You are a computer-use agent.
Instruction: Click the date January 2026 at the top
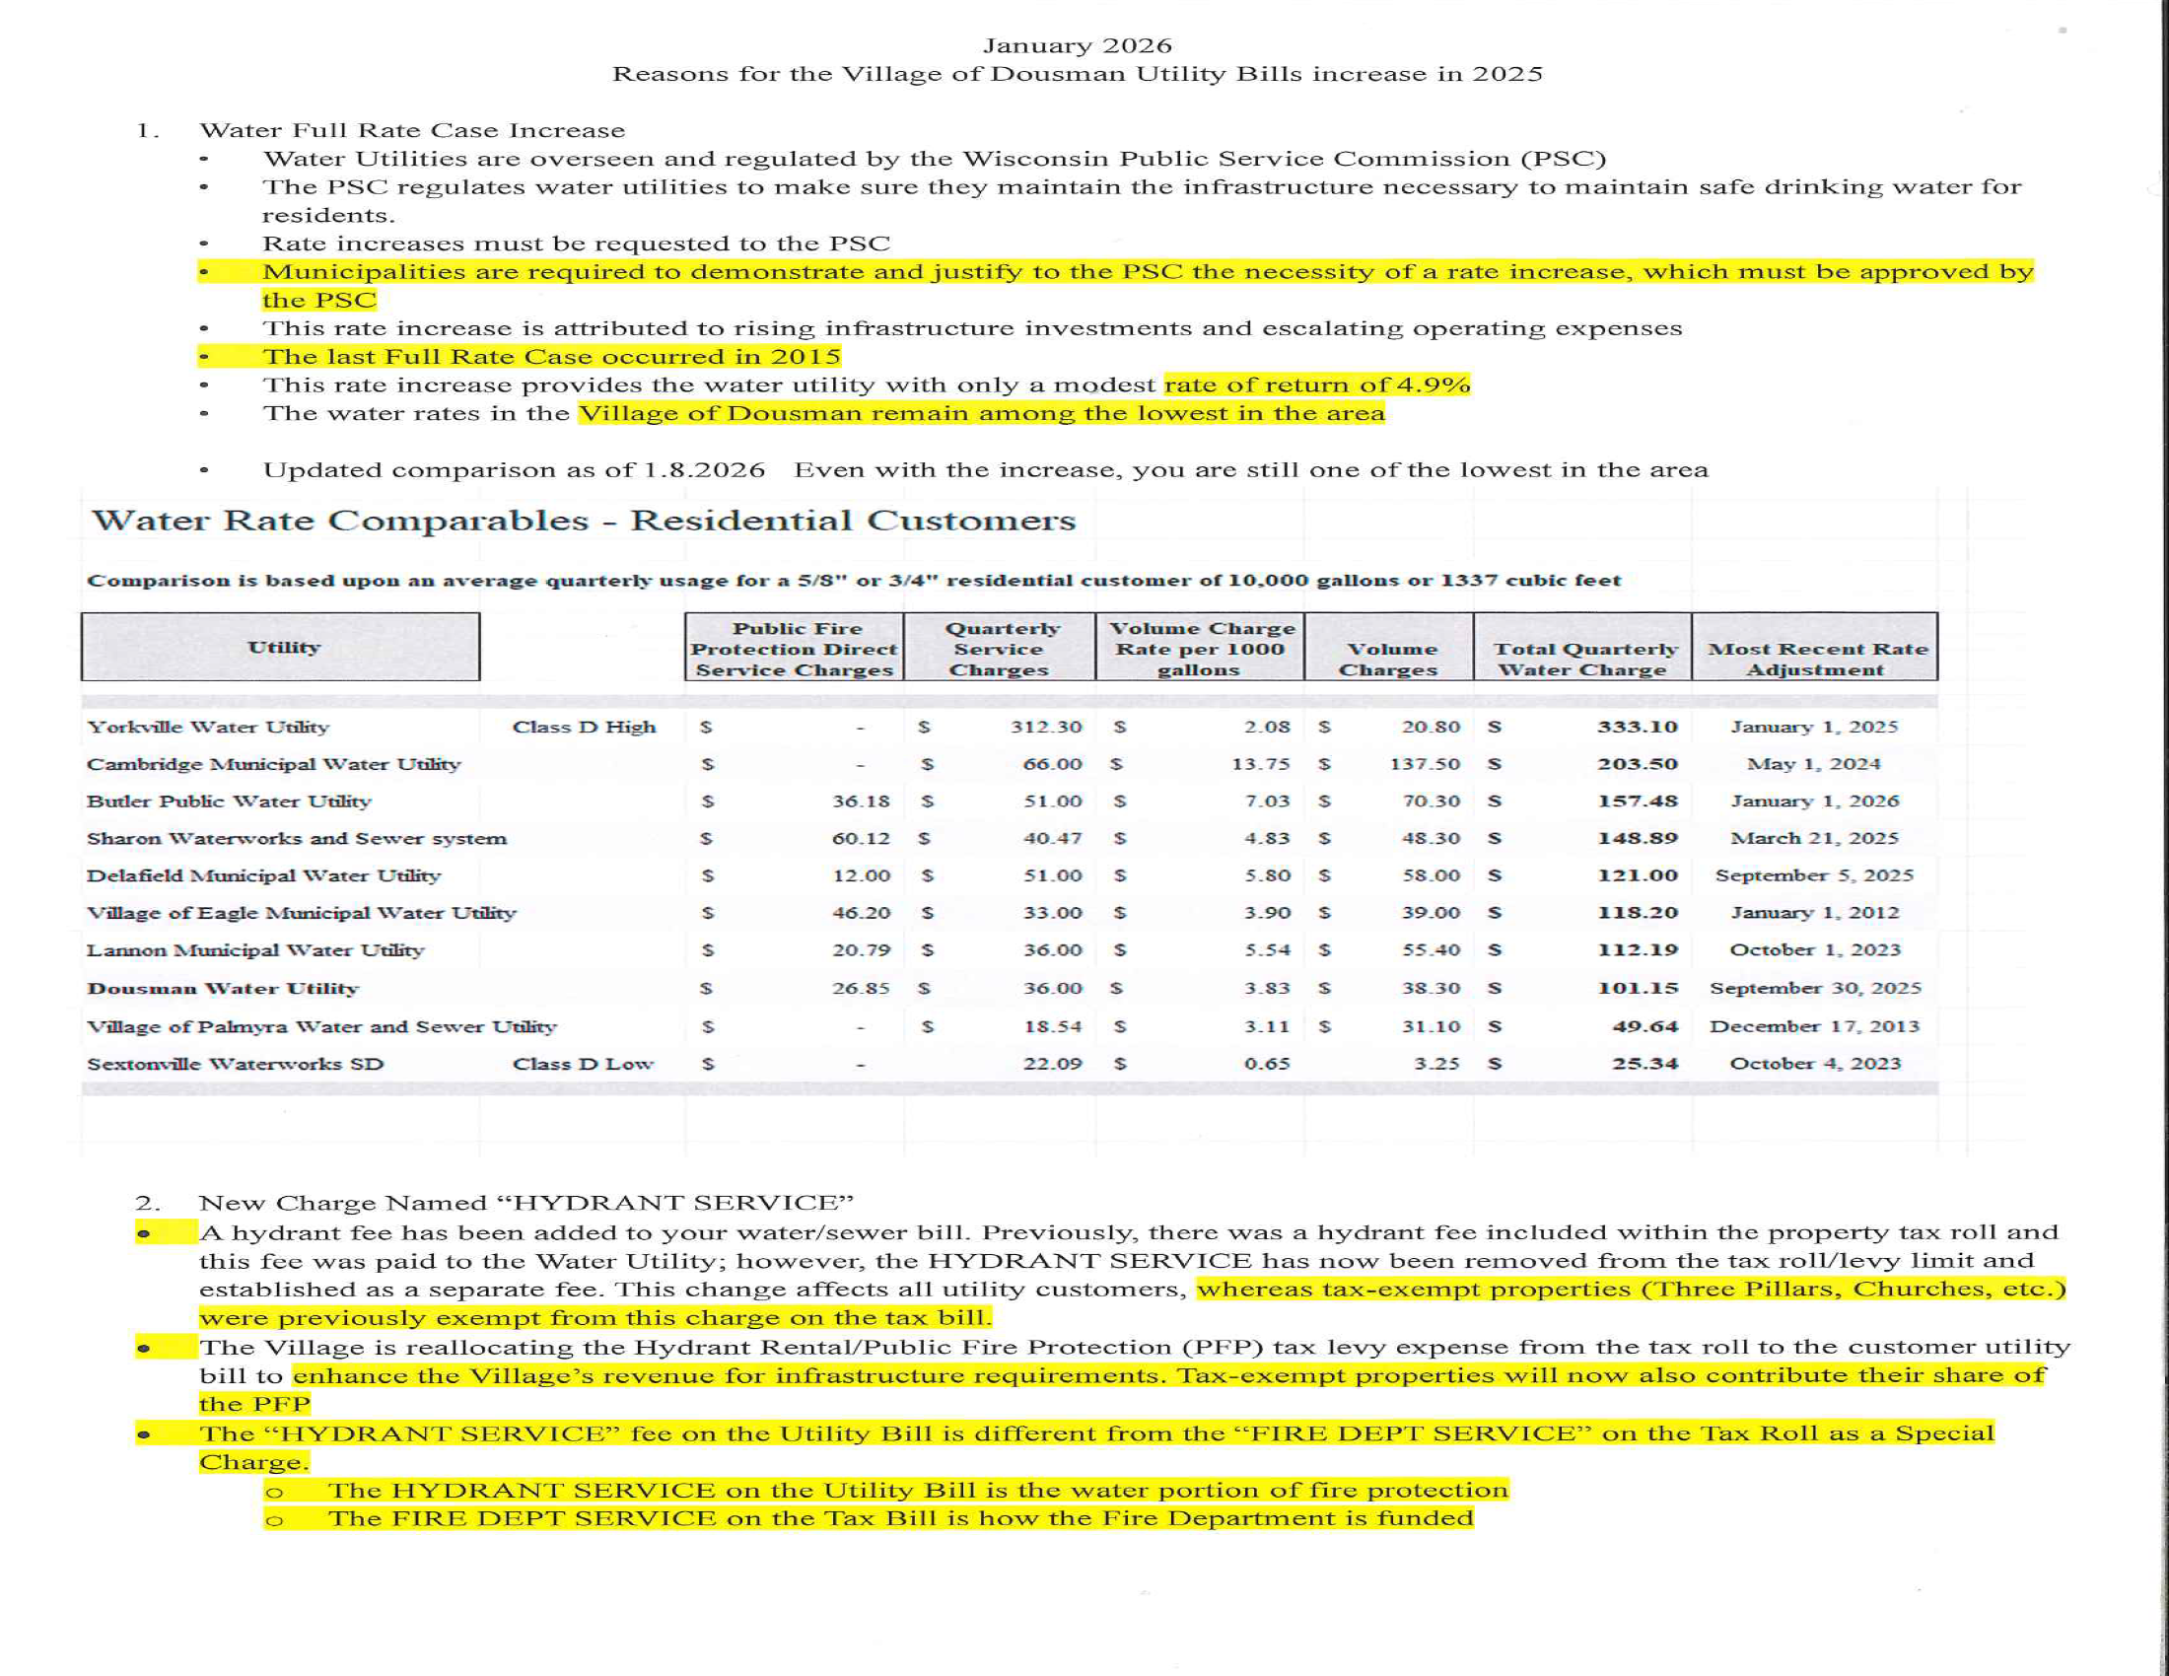1077,45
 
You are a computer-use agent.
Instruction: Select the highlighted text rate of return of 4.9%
1317,385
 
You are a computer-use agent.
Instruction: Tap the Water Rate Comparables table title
584,521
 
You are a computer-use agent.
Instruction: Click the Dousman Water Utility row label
223,989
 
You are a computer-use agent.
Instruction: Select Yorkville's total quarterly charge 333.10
1637,727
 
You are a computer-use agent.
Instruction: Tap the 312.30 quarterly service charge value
1046,727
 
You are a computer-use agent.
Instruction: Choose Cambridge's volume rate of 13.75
1260,764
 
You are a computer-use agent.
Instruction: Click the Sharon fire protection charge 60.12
861,839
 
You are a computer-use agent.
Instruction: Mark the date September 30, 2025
1814,989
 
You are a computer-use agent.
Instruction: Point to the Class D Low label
583,1065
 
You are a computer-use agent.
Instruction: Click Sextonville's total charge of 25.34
1644,1065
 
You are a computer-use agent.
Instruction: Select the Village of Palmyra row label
320,1026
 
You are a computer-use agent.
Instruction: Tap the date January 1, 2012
1814,914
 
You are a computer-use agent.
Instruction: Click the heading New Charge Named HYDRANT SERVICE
525,1204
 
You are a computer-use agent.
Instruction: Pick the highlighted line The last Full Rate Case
551,358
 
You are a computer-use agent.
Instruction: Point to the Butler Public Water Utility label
229,802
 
